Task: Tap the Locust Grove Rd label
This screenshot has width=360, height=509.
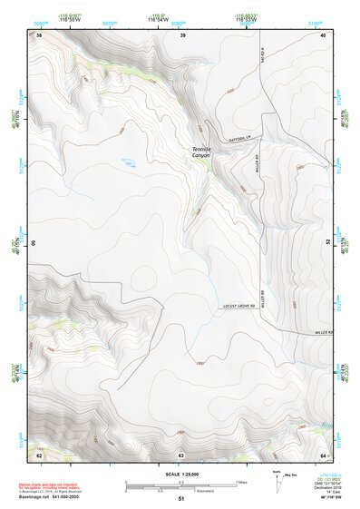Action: pos(239,307)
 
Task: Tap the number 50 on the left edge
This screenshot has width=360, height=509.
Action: pos(34,243)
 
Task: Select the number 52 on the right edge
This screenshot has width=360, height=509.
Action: pos(328,243)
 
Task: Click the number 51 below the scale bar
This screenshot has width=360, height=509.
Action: pos(181,499)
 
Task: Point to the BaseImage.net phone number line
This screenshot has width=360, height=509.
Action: pos(51,497)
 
